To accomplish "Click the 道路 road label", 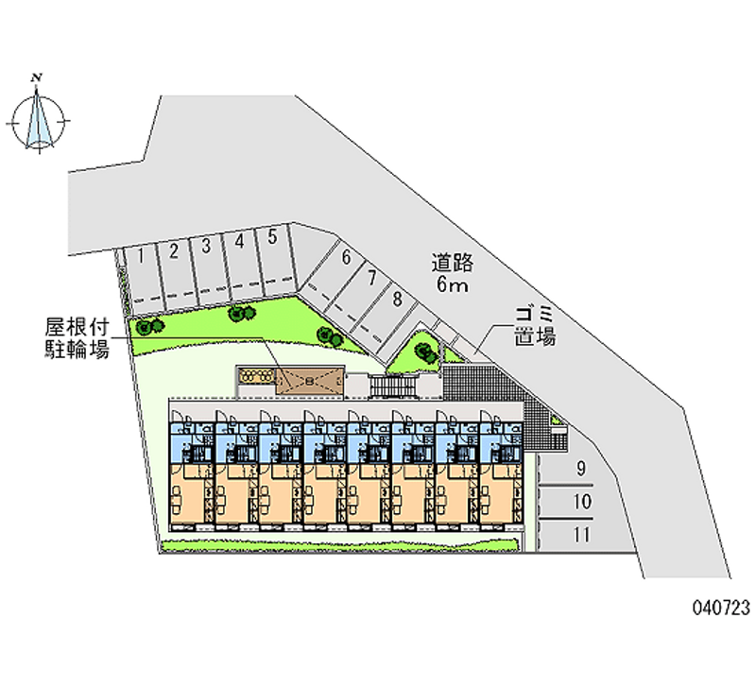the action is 453,263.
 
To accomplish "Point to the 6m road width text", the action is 453,284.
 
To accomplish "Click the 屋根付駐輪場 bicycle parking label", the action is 77,337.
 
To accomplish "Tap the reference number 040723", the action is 721,608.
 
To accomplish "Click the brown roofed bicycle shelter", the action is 310,382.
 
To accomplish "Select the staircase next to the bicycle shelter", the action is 392,386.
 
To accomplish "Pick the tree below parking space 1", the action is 149,326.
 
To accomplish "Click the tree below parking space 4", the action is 242,314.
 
